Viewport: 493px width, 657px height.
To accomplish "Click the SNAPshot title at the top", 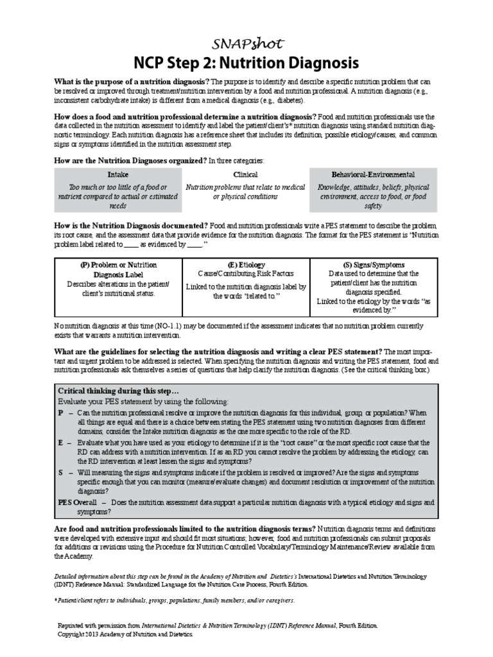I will pyautogui.click(x=246, y=42).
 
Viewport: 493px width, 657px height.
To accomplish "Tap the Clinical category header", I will pyautogui.click(x=245, y=175).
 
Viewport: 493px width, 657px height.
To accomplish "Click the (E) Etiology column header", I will pyautogui.click(x=246, y=264).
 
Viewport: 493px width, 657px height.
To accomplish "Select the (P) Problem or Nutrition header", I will pyautogui.click(x=117, y=264).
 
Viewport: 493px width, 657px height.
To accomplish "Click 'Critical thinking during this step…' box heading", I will pyautogui.click(x=117, y=390).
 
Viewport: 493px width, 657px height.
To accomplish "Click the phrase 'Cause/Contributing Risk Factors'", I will pyautogui.click(x=246, y=273).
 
